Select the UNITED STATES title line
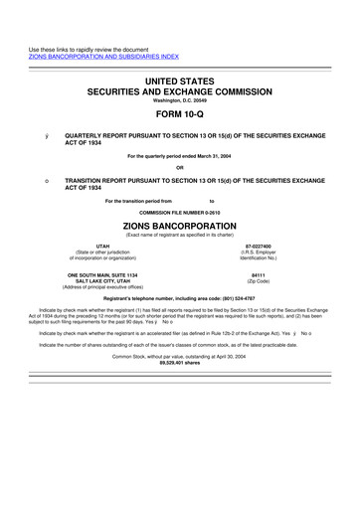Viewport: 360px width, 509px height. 180,78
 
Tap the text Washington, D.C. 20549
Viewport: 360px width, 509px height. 180,99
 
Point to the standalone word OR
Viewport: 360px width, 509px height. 180,166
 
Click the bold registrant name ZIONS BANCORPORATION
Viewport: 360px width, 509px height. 180,227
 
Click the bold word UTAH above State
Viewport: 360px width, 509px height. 102,246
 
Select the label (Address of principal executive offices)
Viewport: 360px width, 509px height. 102,288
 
